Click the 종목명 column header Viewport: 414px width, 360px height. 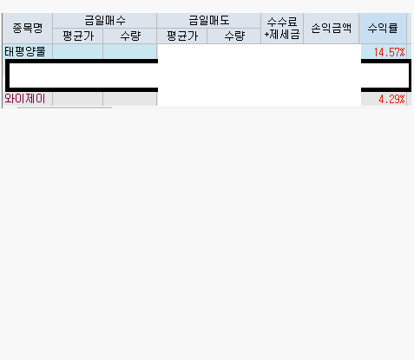tap(28, 29)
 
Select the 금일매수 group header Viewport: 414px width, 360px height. tap(105, 21)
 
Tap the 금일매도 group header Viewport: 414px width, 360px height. tap(209, 21)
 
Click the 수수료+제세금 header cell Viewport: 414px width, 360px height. tap(282, 29)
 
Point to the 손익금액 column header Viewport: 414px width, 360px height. tap(332, 29)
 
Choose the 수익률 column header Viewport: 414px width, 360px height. tap(383, 29)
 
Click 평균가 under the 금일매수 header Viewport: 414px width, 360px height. tap(78, 36)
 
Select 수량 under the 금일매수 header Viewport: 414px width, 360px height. tap(130, 36)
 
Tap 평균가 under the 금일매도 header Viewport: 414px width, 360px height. tap(182, 36)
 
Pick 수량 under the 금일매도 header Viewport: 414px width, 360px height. tap(234, 36)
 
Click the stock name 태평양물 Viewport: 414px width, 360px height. tap(25, 52)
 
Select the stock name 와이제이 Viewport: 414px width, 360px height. tap(25, 99)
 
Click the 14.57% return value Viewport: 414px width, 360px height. tap(389, 52)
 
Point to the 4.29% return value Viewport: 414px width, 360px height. tap(391, 100)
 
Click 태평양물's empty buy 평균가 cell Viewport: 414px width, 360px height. tap(78, 51)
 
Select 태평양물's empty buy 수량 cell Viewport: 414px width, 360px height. tap(130, 51)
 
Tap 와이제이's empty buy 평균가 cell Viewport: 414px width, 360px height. tap(78, 99)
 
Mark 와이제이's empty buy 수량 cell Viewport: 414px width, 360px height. tap(130, 99)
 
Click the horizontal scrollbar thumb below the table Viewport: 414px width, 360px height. tap(64, 108)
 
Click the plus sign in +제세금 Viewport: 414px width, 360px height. tap(266, 36)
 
